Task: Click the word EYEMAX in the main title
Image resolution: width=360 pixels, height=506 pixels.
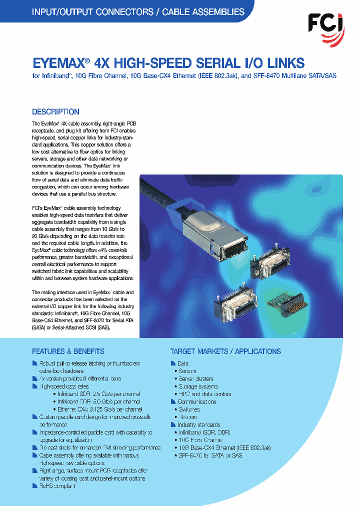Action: coord(57,63)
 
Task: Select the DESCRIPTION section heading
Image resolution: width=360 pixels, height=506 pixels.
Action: coord(55,112)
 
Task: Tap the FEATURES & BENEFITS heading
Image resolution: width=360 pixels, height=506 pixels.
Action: coord(68,351)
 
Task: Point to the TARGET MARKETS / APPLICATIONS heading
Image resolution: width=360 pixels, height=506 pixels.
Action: coord(225,351)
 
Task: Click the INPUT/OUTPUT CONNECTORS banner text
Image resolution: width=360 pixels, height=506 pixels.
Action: coord(138,12)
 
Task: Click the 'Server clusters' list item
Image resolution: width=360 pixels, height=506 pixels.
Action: coord(196,379)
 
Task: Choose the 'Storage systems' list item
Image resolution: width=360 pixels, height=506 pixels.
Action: coord(198,386)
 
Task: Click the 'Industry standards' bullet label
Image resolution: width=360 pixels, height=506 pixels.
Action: coord(198,425)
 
